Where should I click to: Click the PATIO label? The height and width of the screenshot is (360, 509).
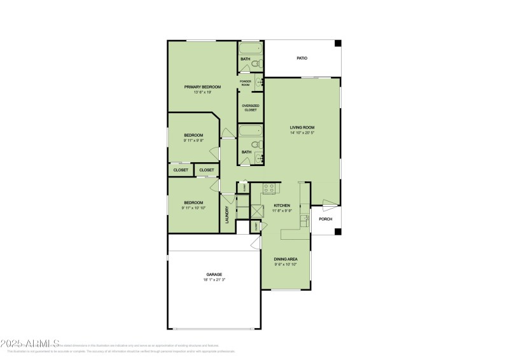(x=302, y=59)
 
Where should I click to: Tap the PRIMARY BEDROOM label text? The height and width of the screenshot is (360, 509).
(x=202, y=87)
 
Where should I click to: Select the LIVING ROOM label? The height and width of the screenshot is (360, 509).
(x=302, y=127)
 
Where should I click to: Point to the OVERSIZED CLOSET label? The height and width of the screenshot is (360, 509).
(x=251, y=107)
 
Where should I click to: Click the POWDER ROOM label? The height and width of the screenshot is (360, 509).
(x=246, y=82)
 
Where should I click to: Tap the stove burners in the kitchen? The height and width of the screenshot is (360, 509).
(x=269, y=188)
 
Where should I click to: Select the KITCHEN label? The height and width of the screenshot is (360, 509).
(x=282, y=205)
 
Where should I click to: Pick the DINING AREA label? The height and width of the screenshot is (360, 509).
(x=286, y=259)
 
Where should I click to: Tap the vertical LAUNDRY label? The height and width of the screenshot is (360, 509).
(x=227, y=214)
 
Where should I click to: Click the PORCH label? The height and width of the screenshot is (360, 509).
(x=325, y=219)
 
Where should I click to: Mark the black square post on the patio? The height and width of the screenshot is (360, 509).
(x=338, y=43)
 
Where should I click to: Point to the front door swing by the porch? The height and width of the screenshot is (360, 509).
(x=327, y=205)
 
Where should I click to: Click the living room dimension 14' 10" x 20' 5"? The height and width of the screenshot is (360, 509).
(x=302, y=133)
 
